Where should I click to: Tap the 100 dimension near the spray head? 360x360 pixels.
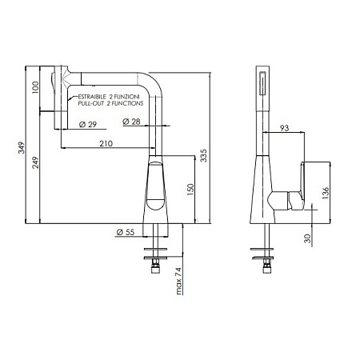(x=34, y=86)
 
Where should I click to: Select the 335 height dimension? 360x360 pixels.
(x=204, y=154)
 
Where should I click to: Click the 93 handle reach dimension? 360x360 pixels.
(x=285, y=128)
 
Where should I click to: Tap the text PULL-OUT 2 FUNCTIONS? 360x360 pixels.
(x=108, y=104)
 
